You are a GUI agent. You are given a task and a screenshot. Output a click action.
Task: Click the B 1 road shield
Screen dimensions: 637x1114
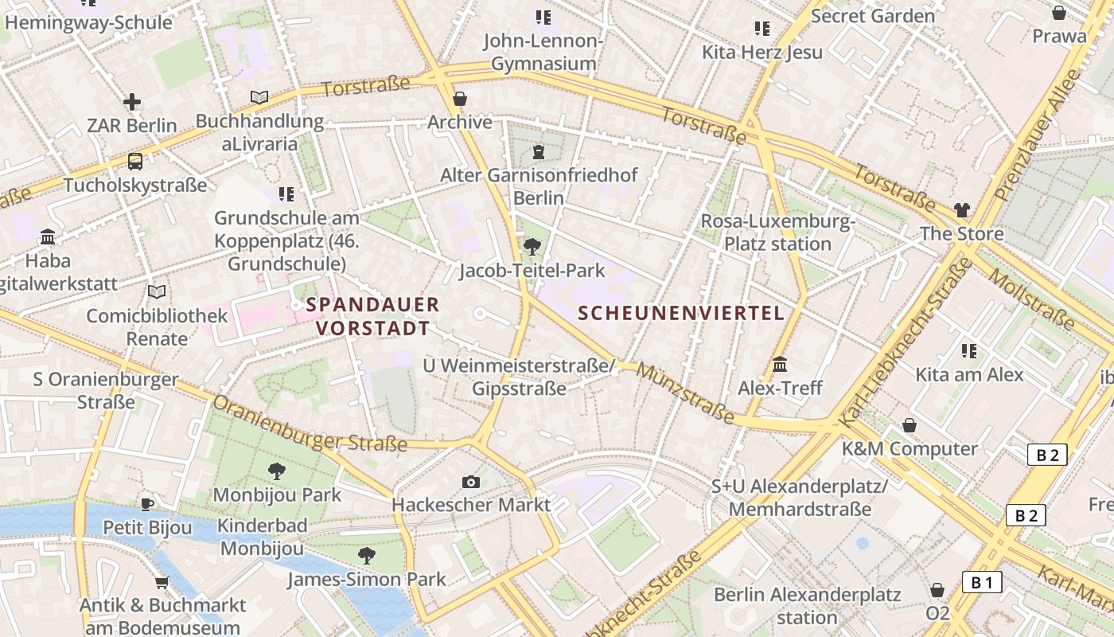(x=982, y=582)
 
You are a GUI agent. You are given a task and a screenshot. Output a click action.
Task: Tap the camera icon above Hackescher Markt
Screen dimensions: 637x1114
(x=471, y=482)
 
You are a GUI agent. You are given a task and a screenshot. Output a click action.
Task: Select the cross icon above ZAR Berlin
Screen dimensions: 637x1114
(x=132, y=102)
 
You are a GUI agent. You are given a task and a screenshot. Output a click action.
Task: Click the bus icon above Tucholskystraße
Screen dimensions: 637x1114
(x=135, y=162)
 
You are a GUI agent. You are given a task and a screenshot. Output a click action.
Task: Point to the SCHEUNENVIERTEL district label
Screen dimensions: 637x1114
(x=682, y=313)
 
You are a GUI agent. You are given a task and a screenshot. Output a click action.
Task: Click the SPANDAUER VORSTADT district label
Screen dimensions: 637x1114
(x=372, y=316)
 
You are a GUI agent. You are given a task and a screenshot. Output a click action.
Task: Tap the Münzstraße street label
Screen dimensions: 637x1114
(x=684, y=393)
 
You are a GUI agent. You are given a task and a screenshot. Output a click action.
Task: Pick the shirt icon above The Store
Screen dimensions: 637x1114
(x=962, y=210)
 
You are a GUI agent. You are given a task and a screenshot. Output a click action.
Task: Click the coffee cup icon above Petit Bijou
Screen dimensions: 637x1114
(x=147, y=503)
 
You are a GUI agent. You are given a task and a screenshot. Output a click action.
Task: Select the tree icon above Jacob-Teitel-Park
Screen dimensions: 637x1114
(x=532, y=247)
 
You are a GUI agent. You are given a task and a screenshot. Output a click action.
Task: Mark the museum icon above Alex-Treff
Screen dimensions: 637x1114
(x=780, y=365)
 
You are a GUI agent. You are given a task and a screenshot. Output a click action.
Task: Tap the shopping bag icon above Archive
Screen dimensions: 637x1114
(x=459, y=99)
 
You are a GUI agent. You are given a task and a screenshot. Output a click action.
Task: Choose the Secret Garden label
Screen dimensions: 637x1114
(x=873, y=15)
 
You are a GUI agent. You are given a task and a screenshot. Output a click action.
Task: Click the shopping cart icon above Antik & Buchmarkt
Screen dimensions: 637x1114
(x=162, y=582)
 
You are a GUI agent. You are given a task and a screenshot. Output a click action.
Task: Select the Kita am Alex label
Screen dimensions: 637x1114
(x=969, y=373)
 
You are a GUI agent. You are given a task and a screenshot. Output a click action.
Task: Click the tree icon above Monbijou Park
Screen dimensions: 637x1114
(x=277, y=471)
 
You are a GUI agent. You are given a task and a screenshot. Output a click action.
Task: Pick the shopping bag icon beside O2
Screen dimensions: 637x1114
(x=937, y=590)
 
